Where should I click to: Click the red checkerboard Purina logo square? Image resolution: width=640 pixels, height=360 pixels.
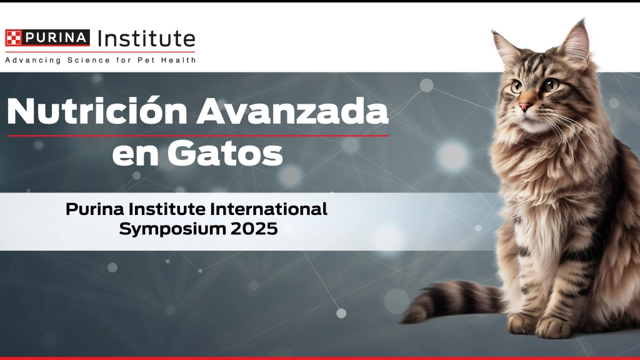13,37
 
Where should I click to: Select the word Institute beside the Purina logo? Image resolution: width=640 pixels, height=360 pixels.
146,39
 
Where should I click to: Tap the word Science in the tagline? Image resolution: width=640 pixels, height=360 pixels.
89,60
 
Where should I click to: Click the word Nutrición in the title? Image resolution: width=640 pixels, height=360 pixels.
97,111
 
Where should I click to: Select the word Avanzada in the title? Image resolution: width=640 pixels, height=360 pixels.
292,111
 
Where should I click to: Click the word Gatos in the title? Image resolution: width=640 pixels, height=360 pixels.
225,154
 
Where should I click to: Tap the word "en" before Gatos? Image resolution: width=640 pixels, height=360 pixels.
136,156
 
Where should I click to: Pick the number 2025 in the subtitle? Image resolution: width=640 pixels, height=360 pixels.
254,229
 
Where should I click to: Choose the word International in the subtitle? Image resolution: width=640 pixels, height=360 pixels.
269,209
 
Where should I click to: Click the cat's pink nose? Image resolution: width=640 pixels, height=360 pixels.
524,107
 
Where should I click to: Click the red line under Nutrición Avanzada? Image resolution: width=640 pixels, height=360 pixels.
198,136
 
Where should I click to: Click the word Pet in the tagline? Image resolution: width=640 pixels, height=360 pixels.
145,60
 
